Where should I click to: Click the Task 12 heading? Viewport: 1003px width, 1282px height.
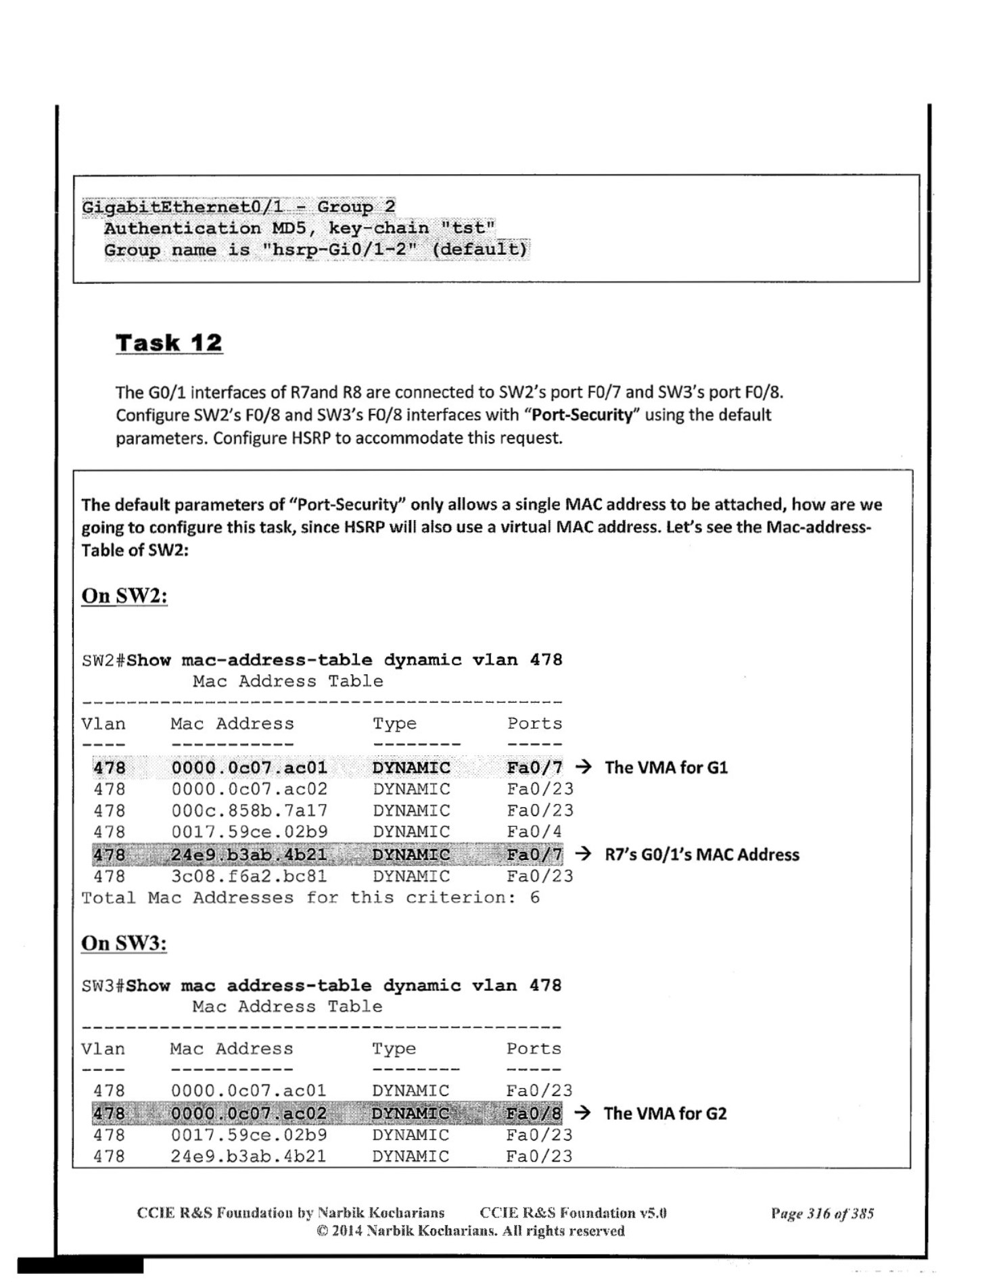168,343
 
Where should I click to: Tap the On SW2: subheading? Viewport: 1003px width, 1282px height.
124,596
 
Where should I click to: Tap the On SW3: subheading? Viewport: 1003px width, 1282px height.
124,943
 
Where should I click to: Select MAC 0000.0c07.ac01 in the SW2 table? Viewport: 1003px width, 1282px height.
249,767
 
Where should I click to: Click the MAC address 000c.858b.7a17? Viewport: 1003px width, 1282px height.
249,810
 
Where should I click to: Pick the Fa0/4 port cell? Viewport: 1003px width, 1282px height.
534,832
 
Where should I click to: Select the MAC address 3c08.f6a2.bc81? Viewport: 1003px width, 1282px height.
249,876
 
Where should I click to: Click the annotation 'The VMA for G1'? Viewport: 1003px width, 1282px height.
666,767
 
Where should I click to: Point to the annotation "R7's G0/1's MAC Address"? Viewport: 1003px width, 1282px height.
701,855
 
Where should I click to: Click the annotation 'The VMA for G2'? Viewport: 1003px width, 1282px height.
665,1113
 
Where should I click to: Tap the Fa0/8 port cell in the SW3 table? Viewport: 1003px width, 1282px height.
534,1113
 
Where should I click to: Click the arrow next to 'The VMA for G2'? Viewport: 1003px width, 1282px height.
582,1113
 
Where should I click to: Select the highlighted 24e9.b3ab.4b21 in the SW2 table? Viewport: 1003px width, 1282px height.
249,855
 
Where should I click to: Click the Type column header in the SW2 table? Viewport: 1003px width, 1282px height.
394,723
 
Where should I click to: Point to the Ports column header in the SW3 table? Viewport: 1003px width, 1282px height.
534,1049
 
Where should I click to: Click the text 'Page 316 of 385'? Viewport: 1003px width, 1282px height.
822,1213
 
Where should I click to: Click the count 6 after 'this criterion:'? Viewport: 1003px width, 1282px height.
535,898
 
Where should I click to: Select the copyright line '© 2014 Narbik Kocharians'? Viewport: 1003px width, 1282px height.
470,1231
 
